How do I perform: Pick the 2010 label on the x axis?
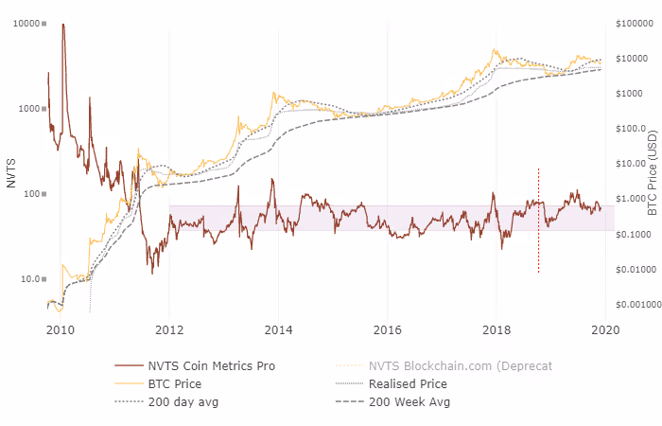[61, 328]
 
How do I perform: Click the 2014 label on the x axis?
[278, 328]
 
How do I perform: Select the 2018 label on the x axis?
[496, 328]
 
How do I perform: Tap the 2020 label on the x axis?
[604, 328]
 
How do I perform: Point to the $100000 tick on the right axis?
[636, 23]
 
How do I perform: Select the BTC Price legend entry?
[175, 384]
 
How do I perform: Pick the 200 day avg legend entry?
[184, 401]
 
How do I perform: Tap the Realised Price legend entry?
[407, 384]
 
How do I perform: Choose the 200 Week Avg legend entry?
[409, 401]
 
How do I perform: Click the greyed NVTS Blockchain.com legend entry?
[444, 366]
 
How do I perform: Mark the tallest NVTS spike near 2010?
[63, 26]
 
